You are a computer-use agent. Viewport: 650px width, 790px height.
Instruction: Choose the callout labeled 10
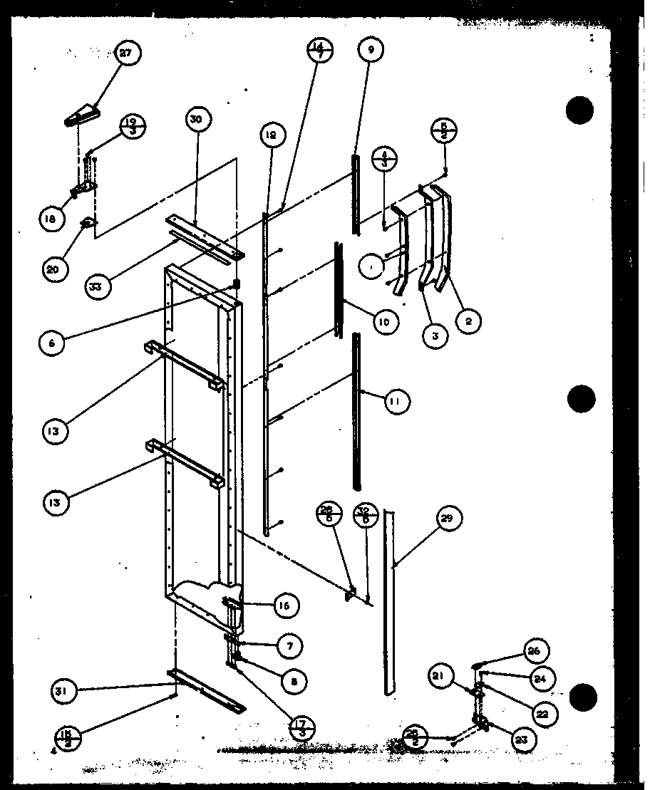point(384,322)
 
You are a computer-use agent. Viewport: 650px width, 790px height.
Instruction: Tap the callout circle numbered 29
point(447,519)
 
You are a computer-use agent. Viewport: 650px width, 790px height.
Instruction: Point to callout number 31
point(63,690)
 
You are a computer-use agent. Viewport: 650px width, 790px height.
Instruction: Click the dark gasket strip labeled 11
point(356,413)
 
